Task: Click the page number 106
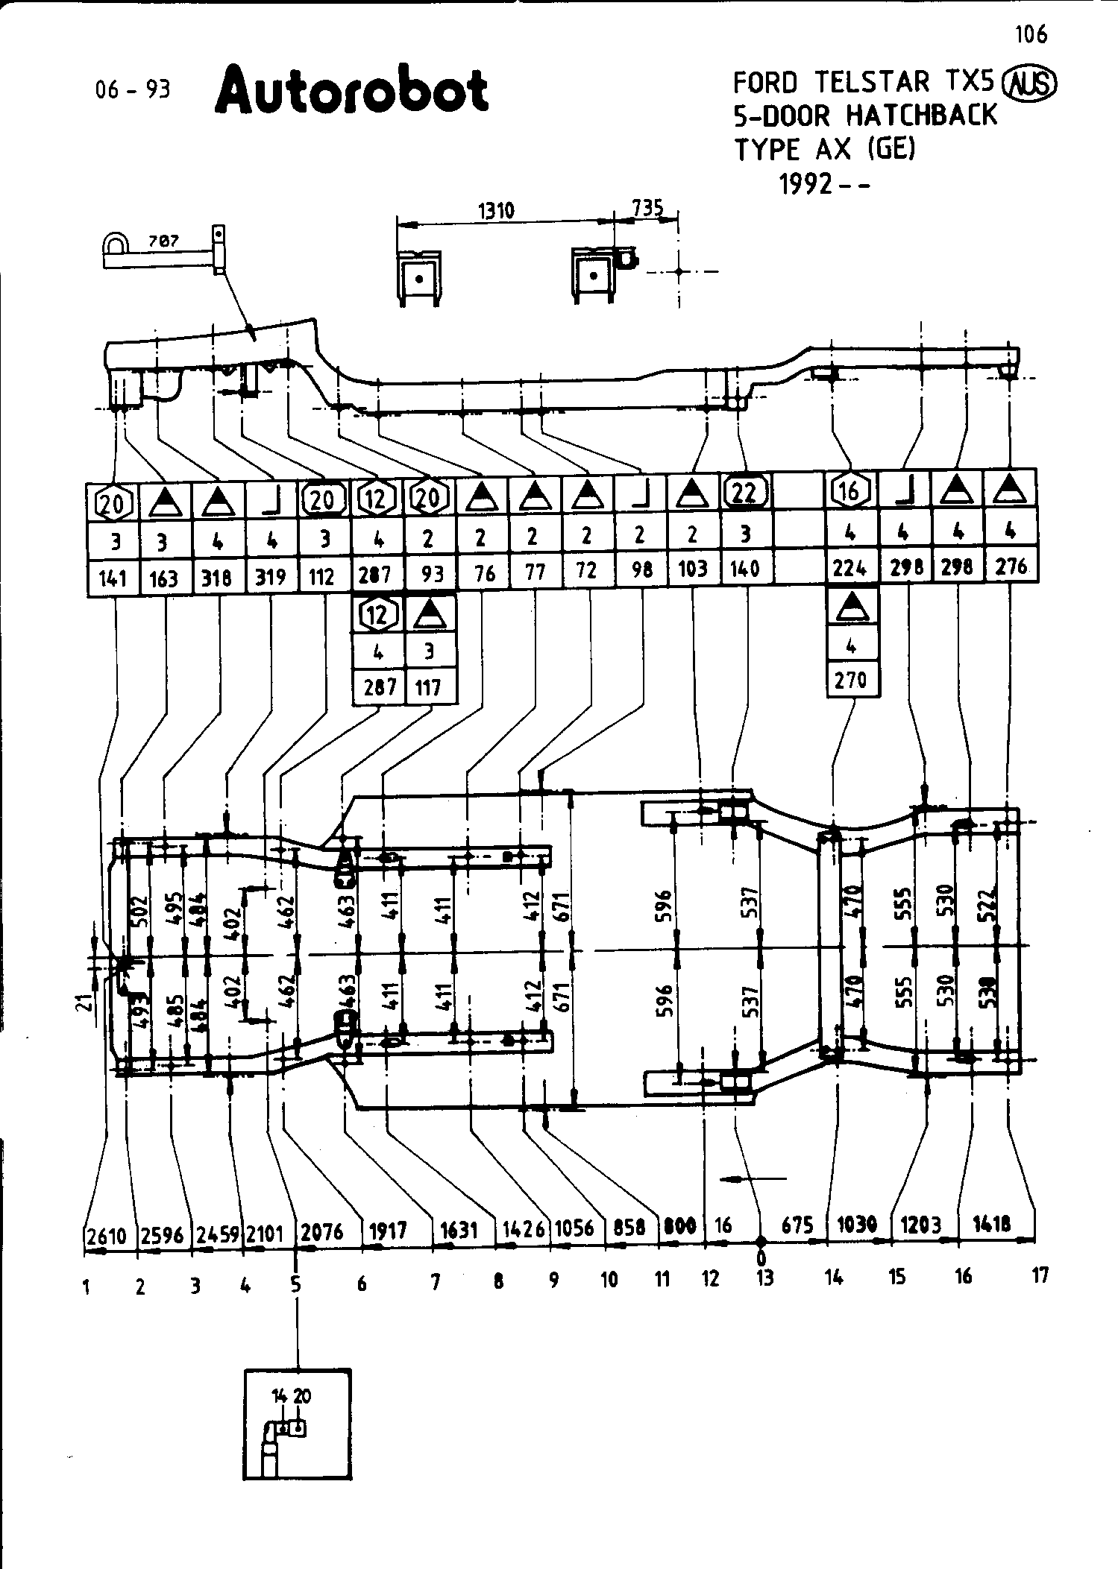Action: coord(1031,34)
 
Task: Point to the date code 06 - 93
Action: coord(134,89)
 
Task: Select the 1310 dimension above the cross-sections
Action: coord(496,210)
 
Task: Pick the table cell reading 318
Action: coord(217,578)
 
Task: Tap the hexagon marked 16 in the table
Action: coord(850,491)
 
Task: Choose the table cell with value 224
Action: coord(850,568)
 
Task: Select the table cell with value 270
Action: coord(851,680)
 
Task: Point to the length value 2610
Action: coord(107,1237)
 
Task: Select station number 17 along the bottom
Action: coord(1040,1275)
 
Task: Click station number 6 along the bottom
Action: coord(362,1283)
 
